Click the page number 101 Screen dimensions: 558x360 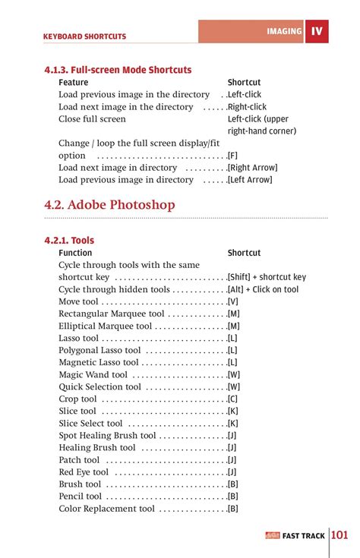click(x=339, y=535)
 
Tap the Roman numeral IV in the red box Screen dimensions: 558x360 click(x=317, y=32)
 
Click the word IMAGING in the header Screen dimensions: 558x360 click(x=284, y=32)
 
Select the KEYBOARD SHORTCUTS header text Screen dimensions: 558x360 click(x=84, y=36)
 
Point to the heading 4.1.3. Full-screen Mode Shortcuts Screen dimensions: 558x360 click(x=118, y=70)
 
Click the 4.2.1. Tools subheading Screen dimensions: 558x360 click(x=69, y=241)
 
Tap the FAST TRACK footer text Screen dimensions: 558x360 click(x=303, y=536)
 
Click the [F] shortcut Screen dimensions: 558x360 click(x=232, y=156)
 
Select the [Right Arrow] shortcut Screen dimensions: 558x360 click(x=252, y=168)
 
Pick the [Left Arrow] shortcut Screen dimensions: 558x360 click(x=250, y=180)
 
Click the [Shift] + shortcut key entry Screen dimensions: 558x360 click(x=267, y=278)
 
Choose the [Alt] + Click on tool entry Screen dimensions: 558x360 click(x=263, y=290)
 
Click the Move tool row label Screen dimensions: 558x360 click(x=78, y=302)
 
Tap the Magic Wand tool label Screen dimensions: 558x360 click(x=93, y=375)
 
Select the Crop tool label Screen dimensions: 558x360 click(x=77, y=399)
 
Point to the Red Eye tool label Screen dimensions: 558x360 click(x=84, y=472)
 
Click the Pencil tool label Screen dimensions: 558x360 click(x=80, y=497)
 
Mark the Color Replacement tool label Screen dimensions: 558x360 click(x=106, y=509)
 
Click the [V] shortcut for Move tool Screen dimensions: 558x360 click(x=232, y=302)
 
